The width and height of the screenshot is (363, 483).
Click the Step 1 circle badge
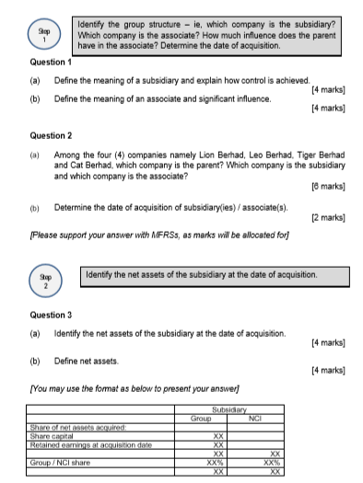click(x=35, y=31)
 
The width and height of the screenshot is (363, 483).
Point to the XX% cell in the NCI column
click(x=274, y=461)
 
